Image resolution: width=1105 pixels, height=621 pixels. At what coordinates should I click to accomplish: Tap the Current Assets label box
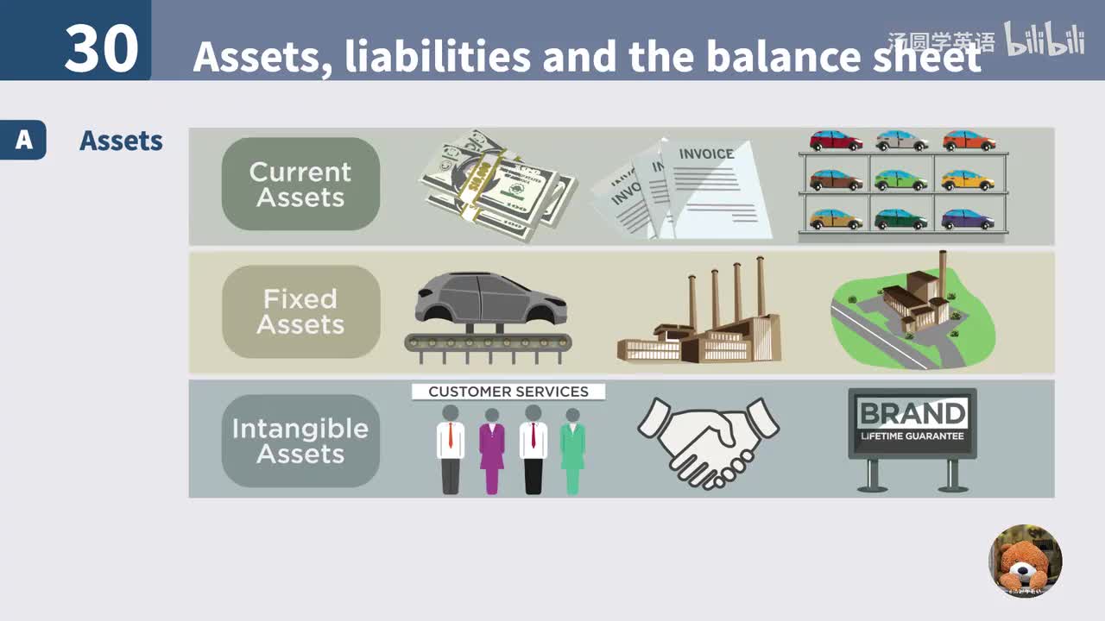(x=300, y=185)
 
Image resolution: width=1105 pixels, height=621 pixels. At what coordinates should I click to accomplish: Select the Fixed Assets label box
(x=300, y=311)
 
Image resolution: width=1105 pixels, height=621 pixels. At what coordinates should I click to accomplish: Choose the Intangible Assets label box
(x=300, y=441)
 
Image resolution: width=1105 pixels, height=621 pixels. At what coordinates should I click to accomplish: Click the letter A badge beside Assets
(x=23, y=140)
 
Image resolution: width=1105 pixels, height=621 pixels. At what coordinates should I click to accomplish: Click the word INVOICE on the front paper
(x=705, y=154)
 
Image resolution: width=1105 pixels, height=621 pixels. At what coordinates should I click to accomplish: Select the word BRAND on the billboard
(x=912, y=413)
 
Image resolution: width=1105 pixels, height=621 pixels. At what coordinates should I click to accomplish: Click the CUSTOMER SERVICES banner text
(x=508, y=392)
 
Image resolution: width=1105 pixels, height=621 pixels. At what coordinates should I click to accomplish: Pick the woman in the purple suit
(x=492, y=450)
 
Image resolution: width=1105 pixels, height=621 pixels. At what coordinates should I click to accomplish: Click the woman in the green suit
(x=572, y=450)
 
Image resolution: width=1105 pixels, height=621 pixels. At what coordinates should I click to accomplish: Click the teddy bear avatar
(x=1025, y=561)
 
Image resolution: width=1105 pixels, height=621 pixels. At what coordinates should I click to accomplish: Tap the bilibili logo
(x=1044, y=40)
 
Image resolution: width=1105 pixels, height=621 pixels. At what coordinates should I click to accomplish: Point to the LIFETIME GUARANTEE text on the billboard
(x=912, y=436)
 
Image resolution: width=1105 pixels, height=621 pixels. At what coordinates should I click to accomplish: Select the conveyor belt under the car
(x=488, y=342)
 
